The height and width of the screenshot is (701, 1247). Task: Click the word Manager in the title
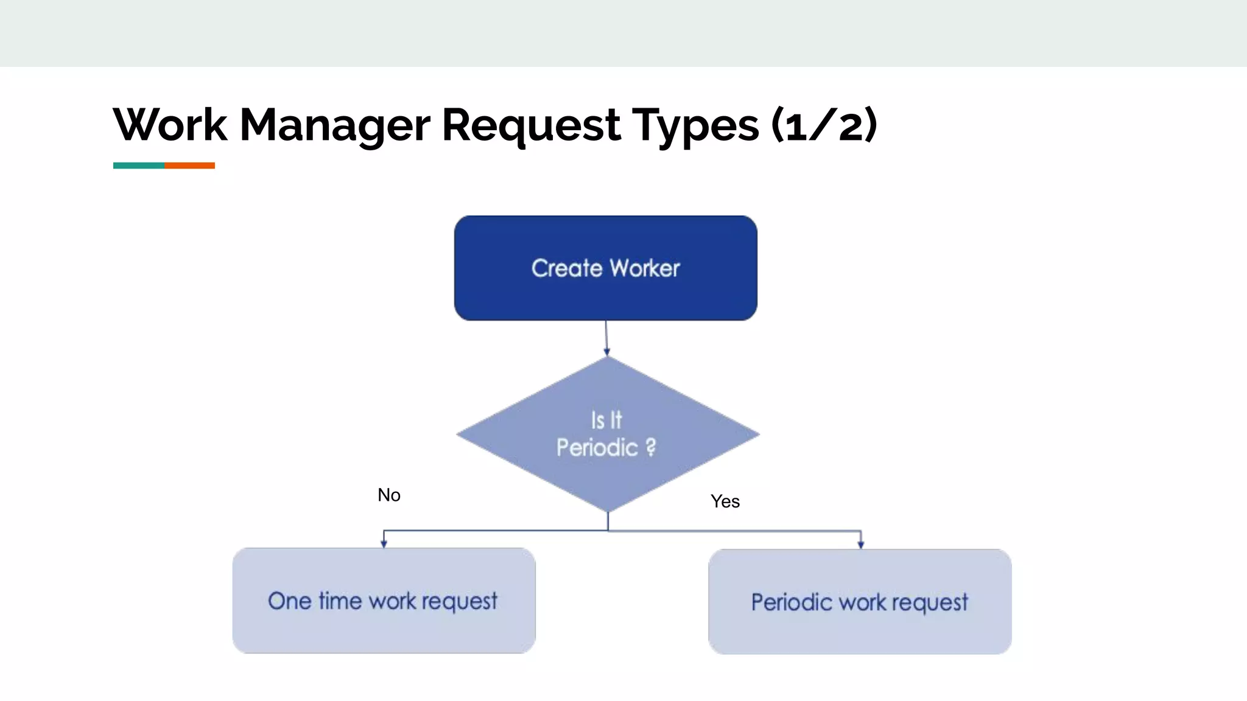click(335, 125)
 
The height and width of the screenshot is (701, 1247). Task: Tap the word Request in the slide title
click(531, 125)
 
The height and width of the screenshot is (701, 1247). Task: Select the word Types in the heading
click(695, 125)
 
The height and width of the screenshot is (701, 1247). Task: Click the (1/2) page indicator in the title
click(824, 125)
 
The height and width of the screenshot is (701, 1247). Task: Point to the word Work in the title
click(170, 125)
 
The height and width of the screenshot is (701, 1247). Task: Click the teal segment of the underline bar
click(138, 166)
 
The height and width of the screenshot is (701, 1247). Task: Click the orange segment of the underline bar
click(189, 166)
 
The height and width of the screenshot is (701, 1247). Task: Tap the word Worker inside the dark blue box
click(645, 268)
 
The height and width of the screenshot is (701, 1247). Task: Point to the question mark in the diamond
click(651, 448)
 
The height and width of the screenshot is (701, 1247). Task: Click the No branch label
click(389, 495)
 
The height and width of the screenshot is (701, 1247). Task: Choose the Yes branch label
click(725, 501)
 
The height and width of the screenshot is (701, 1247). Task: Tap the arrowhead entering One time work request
click(384, 543)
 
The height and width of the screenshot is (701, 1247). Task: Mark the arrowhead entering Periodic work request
click(860, 545)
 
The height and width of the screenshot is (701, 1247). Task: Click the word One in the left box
click(290, 601)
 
